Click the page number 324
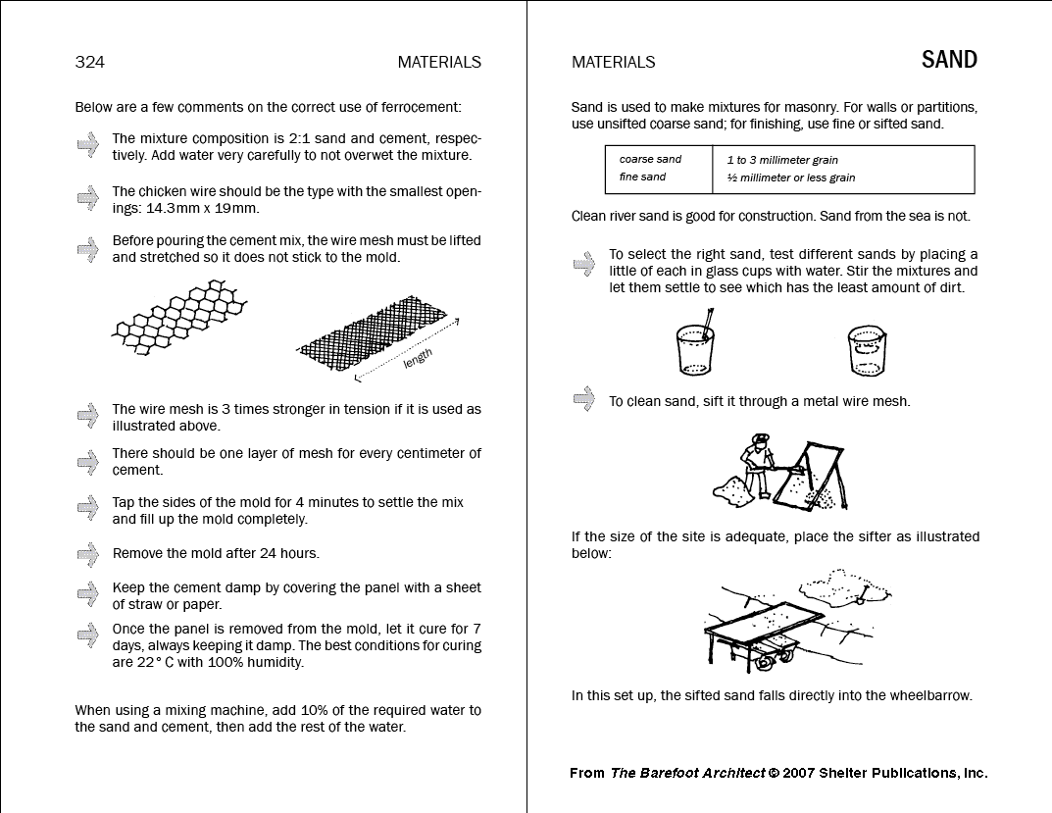tap(89, 62)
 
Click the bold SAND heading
tap(949, 60)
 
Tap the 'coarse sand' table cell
tap(650, 159)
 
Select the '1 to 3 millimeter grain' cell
tap(782, 160)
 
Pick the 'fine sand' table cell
tap(642, 178)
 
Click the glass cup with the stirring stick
tap(694, 348)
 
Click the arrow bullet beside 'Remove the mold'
tap(88, 554)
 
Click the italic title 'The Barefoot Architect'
tap(687, 773)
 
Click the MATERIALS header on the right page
tap(613, 62)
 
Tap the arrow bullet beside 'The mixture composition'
tap(88, 144)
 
